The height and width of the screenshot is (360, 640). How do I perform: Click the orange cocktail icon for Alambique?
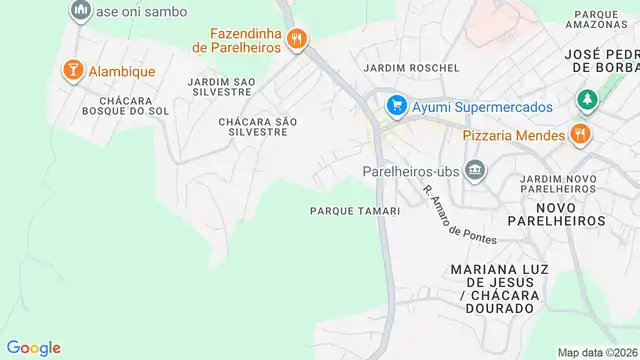[x=72, y=70]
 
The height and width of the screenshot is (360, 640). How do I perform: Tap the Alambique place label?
[x=122, y=71]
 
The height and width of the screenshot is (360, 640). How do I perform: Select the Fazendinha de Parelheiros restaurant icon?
[x=296, y=40]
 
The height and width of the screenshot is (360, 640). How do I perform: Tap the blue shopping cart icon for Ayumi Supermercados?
[x=396, y=105]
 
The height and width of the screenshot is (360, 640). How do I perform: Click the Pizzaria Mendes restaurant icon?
[x=579, y=134]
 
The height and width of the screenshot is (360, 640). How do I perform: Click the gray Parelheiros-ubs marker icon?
[x=475, y=170]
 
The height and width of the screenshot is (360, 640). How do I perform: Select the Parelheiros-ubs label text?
[x=411, y=171]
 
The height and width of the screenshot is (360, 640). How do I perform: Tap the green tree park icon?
[x=586, y=101]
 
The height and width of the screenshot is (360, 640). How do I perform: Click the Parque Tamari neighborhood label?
[x=355, y=211]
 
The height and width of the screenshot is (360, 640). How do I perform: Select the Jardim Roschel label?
[x=412, y=68]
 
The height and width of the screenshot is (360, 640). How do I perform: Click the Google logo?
[x=33, y=347]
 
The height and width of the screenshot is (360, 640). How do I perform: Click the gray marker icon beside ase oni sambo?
[x=81, y=10]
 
